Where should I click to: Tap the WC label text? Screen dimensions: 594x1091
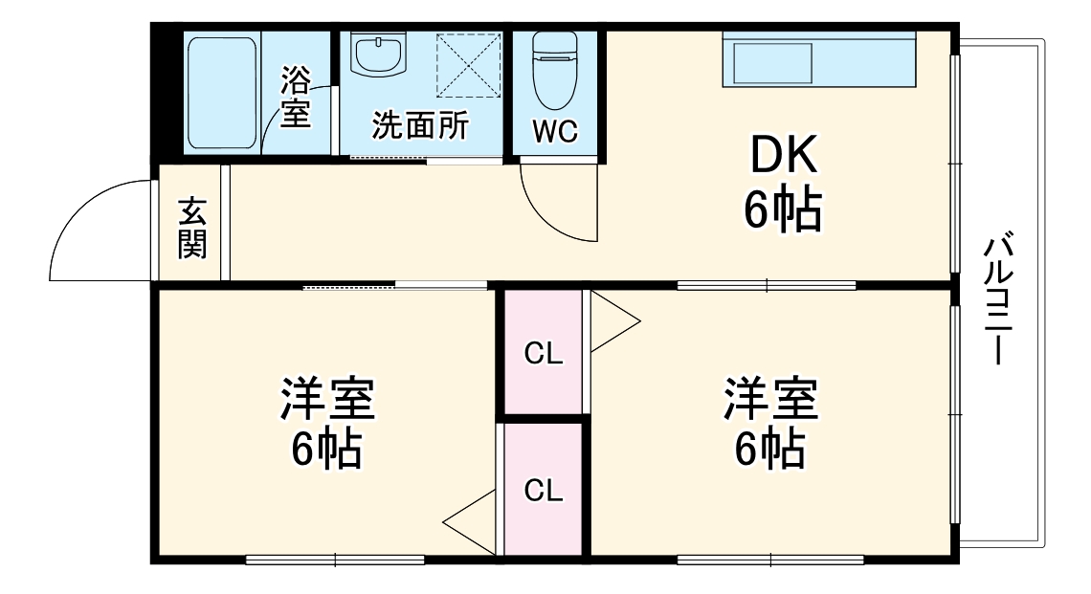(555, 133)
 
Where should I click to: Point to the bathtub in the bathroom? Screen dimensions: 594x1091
(221, 93)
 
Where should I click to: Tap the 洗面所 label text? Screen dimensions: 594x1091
(420, 126)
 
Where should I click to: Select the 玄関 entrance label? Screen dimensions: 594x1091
(191, 228)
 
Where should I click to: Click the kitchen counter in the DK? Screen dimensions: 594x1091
(818, 59)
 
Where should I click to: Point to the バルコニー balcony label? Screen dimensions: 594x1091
(1001, 297)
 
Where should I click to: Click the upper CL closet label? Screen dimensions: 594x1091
(543, 354)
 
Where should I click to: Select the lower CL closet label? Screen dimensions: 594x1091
(543, 491)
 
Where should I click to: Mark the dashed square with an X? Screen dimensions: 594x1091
(469, 65)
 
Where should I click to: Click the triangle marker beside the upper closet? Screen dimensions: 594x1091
(612, 323)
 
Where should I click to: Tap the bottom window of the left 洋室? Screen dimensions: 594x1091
(334, 560)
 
